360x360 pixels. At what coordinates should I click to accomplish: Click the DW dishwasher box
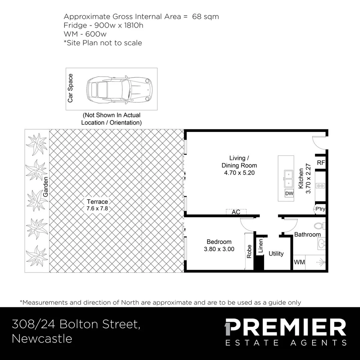(289, 193)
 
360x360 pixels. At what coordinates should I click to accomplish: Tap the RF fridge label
(321, 163)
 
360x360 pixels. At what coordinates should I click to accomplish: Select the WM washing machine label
(299, 262)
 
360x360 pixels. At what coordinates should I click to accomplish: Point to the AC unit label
(236, 212)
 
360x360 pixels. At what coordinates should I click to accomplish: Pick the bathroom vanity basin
(321, 243)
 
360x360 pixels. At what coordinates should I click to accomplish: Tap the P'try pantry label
(320, 209)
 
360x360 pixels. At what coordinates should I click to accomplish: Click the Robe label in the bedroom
(249, 251)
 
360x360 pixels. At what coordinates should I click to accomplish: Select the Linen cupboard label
(261, 246)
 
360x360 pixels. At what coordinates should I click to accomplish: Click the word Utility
(276, 253)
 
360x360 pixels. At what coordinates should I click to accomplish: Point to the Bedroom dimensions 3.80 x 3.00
(219, 249)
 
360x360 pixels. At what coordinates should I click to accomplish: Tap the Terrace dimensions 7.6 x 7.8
(97, 209)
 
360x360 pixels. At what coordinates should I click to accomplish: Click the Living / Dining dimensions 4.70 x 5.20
(239, 173)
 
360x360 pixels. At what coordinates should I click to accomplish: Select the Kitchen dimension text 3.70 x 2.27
(308, 178)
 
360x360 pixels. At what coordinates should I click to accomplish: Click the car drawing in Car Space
(119, 90)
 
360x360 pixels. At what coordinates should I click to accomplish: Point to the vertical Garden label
(45, 187)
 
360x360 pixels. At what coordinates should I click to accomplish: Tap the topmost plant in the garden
(37, 144)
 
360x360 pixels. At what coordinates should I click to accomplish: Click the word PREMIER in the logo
(285, 327)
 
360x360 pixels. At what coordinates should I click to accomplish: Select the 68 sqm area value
(205, 17)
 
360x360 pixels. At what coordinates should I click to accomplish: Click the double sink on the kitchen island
(289, 179)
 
